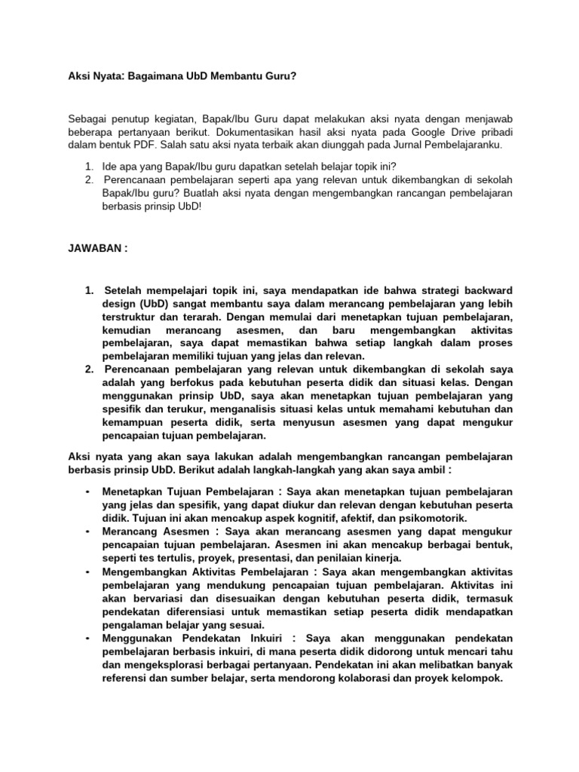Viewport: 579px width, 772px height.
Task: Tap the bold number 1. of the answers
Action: (x=88, y=290)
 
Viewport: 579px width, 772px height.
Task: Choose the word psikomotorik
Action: (x=429, y=518)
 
